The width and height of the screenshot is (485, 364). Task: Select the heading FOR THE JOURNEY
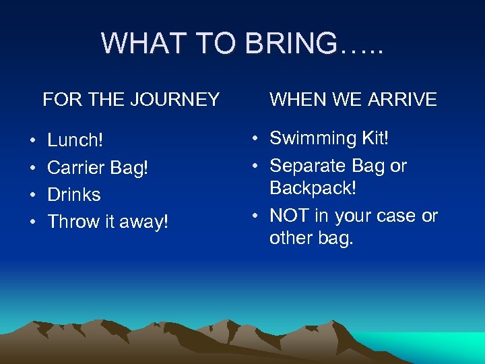tap(131, 100)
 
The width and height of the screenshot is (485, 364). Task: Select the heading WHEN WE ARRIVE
tap(353, 100)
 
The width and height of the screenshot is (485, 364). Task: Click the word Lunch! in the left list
tap(75, 140)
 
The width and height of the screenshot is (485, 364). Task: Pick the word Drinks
tap(74, 195)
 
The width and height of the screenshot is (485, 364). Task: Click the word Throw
tap(73, 222)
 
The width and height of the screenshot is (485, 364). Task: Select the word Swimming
tap(313, 138)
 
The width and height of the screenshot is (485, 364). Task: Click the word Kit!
tap(375, 138)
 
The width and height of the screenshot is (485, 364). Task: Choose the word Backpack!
tap(313, 188)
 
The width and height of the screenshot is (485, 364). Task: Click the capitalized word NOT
tap(289, 216)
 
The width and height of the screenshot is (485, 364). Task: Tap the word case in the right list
tap(395, 216)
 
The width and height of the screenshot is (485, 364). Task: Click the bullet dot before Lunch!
tap(33, 141)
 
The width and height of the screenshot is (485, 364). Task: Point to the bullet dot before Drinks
tap(33, 195)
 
